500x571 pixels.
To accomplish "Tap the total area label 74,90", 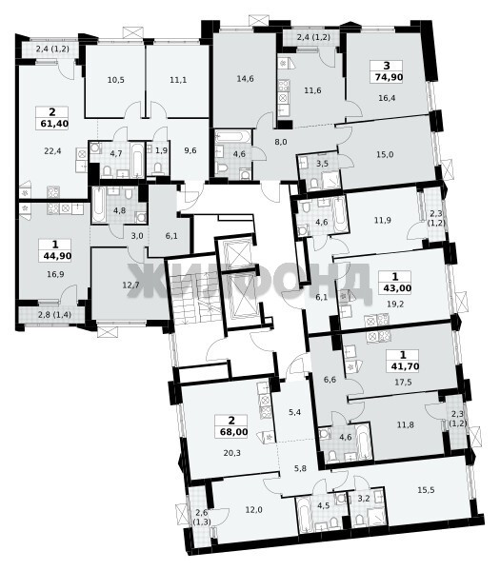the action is pos(387,77).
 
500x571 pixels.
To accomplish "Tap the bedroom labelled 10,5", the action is pos(115,80).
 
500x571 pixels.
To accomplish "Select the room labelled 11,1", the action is pos(178,80).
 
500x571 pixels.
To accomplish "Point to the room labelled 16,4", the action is pos(387,97).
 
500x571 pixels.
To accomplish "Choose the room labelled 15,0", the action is pos(385,154).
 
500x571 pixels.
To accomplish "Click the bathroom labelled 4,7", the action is pos(116,153).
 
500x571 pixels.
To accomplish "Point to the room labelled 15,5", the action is pos(426,490).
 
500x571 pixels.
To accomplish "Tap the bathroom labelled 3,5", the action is pos(322,164).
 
